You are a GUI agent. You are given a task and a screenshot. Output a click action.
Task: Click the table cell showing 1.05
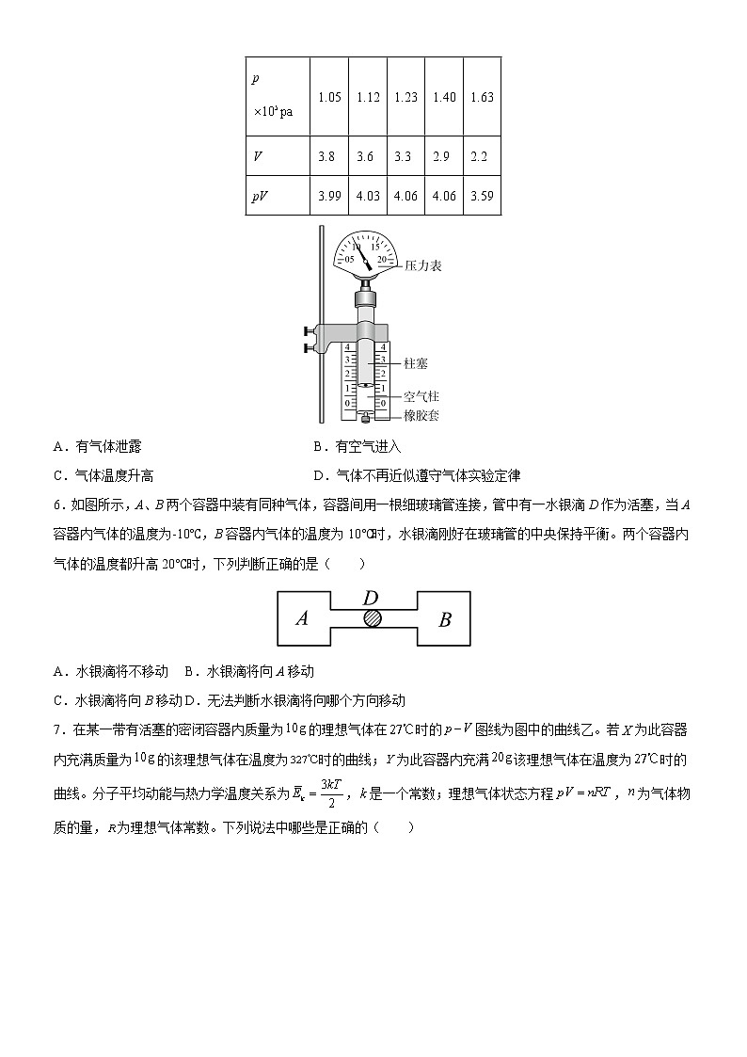[x=329, y=97]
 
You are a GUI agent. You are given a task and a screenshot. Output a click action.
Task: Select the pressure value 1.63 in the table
[x=482, y=97]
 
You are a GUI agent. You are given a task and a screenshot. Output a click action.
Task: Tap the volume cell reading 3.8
[x=327, y=156]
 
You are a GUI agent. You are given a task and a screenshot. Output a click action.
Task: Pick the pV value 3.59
[x=482, y=196]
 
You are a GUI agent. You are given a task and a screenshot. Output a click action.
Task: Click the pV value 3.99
[x=329, y=196]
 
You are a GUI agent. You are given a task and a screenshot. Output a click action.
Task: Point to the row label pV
[x=260, y=196]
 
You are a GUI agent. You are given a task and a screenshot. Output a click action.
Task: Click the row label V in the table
[x=257, y=156]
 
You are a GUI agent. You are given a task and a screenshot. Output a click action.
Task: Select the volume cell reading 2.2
[x=480, y=156]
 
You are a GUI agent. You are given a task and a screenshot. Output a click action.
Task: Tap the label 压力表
[x=422, y=266]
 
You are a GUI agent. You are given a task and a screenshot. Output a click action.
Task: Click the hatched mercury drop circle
[x=373, y=617]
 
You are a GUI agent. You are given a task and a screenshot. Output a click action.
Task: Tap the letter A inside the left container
[x=302, y=618]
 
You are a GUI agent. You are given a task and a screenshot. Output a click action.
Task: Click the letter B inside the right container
[x=445, y=619]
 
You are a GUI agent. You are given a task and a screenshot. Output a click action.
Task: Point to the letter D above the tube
[x=371, y=598]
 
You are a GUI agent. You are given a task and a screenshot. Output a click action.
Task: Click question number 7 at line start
[x=58, y=729]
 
